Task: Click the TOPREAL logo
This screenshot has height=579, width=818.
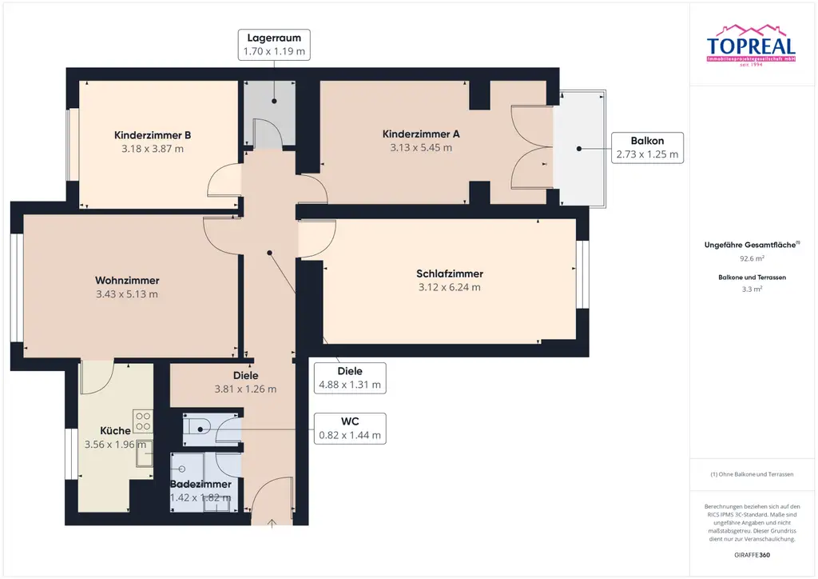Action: pos(751,50)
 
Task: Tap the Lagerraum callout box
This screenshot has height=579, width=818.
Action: pos(274,45)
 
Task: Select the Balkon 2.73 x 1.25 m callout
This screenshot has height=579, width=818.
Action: pos(647,148)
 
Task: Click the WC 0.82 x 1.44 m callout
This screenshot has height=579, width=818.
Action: pos(350,429)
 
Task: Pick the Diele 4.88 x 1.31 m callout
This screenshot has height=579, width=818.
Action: pos(350,377)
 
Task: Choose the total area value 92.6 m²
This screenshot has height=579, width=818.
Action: pos(751,258)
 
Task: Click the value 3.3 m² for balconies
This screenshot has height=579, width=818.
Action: pos(751,289)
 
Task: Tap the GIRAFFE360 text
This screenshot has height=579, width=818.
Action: pos(751,554)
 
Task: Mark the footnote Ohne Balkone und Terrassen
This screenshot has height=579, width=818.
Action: pos(751,474)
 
